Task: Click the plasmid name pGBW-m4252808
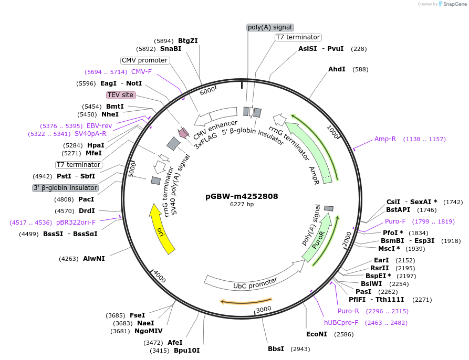[242, 196]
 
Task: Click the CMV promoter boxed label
[144, 60]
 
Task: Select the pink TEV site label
[121, 95]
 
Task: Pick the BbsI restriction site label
[276, 348]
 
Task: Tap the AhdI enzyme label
[337, 69]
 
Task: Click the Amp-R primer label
[385, 139]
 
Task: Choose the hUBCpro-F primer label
[341, 323]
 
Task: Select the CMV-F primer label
[141, 72]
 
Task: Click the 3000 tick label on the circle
[264, 309]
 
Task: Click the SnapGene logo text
[454, 4]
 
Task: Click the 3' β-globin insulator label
[65, 188]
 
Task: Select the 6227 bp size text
[242, 205]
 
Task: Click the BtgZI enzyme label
[187, 40]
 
